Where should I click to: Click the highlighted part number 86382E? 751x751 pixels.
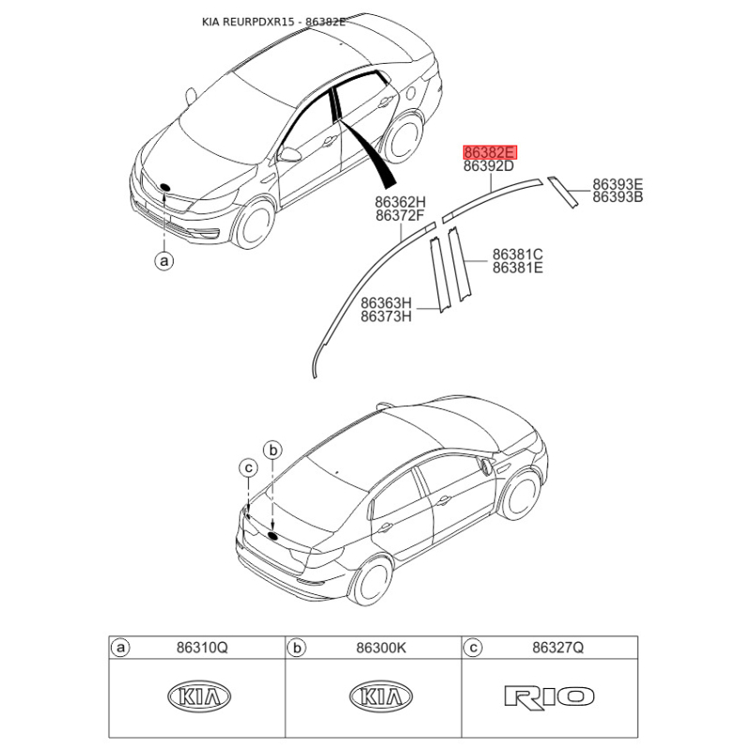(489, 152)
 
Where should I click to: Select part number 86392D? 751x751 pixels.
(489, 167)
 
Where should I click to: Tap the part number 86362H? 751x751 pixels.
(400, 202)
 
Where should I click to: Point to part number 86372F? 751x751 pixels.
(400, 216)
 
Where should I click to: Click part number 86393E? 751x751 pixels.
(617, 184)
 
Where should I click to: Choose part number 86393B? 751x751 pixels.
(617, 197)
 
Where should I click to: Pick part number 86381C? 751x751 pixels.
(518, 254)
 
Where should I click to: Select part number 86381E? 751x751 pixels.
(518, 268)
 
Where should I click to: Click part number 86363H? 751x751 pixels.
(387, 303)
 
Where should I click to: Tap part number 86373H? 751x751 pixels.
(387, 317)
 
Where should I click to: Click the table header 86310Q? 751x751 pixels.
(202, 648)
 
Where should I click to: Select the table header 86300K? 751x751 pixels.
(379, 648)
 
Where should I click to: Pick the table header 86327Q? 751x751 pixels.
(558, 648)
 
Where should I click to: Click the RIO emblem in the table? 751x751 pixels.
(549, 697)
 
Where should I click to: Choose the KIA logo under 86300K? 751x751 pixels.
(380, 697)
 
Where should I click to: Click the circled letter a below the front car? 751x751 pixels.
(164, 261)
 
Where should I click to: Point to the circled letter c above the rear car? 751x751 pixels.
(248, 467)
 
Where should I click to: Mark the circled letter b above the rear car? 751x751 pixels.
(273, 450)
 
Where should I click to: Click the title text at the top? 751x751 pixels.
(273, 21)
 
